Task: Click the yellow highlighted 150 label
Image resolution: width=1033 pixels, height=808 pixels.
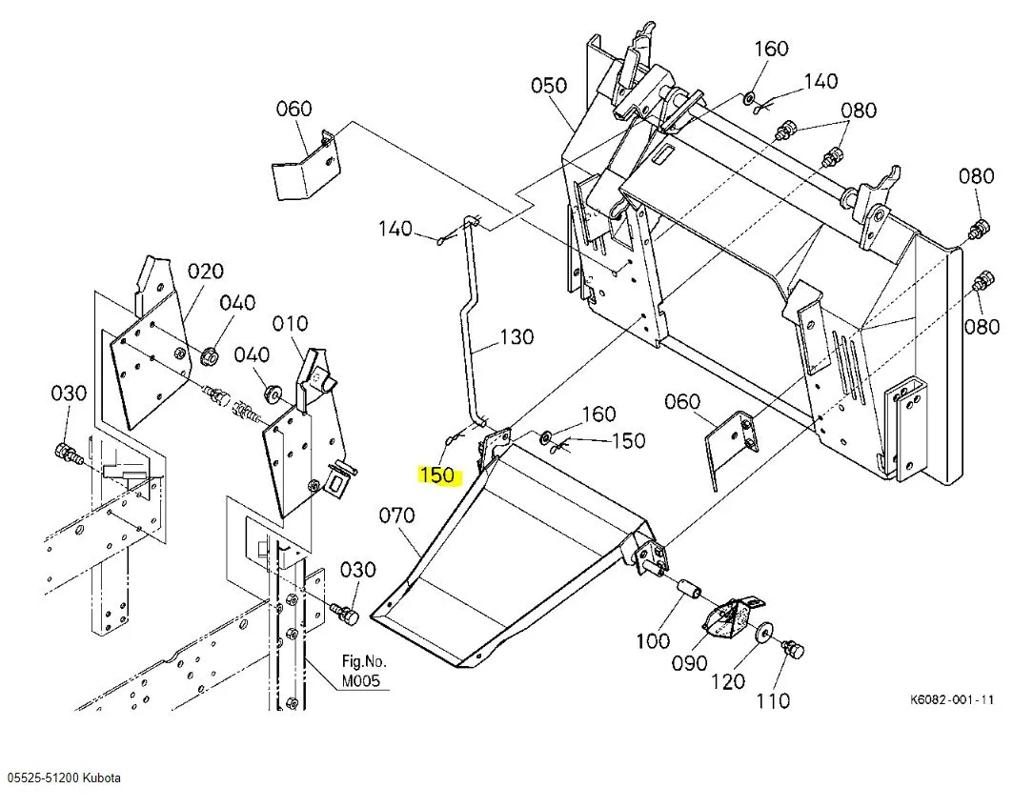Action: point(436,475)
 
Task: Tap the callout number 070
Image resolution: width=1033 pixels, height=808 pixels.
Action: point(396,515)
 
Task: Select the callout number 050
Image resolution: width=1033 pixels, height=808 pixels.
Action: point(549,85)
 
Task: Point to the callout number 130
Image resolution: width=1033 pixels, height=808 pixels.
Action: point(516,337)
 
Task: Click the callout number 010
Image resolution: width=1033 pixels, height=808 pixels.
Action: point(290,323)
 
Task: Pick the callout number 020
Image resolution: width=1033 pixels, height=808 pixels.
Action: point(206,271)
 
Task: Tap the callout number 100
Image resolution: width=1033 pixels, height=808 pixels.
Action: point(652,640)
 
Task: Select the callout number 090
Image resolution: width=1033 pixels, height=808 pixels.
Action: point(689,662)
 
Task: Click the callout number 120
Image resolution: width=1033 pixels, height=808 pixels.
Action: point(727,681)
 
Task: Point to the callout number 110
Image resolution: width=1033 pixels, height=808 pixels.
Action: point(772,700)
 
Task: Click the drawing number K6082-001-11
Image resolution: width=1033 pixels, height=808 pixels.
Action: point(952,699)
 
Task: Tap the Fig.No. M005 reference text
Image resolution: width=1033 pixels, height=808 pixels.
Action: point(364,671)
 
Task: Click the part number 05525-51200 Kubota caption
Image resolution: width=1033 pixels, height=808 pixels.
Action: point(65,778)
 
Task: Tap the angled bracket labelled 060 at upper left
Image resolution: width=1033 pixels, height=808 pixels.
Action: point(306,167)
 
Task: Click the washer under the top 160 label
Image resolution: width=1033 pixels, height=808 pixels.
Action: point(750,99)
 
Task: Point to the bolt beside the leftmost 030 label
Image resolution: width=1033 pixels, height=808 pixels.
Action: point(68,454)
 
